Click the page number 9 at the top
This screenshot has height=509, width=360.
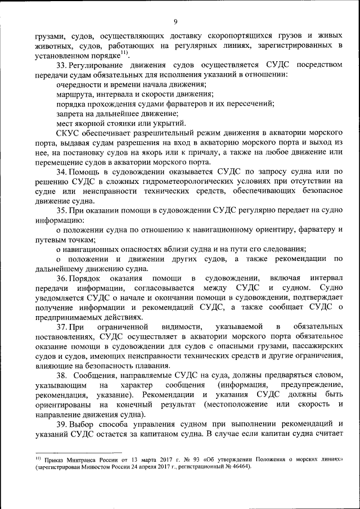coord(176,22)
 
